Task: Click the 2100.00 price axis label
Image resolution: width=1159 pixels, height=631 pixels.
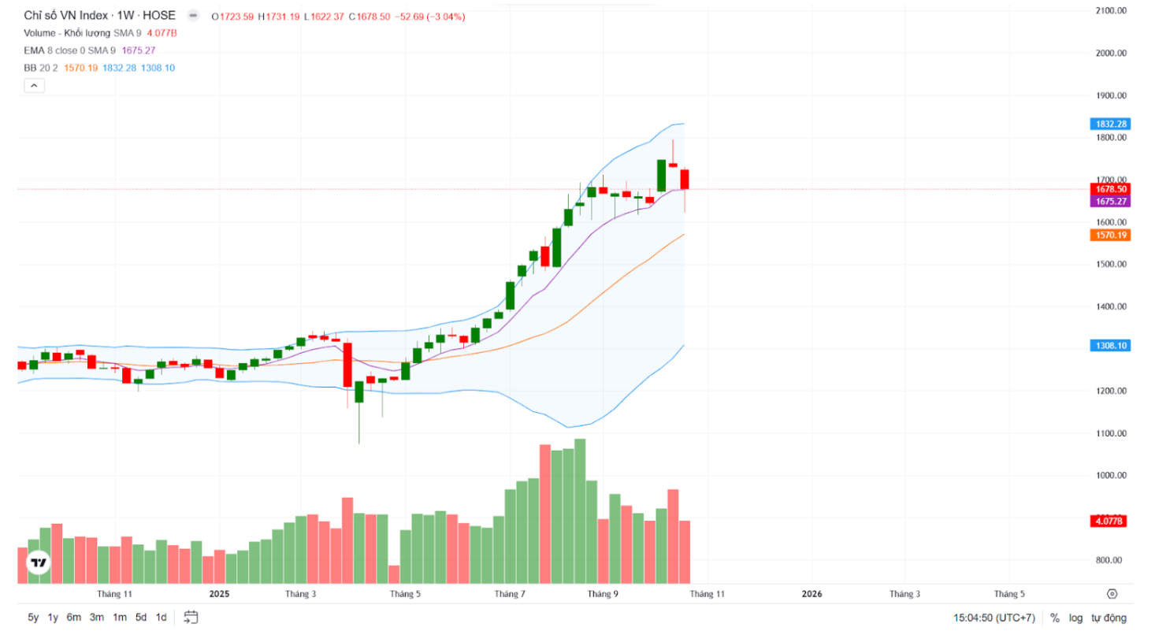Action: [x=1109, y=10]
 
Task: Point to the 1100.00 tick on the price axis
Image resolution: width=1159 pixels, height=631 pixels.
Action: [x=1109, y=433]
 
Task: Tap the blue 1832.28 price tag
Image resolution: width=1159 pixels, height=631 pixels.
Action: [x=1110, y=124]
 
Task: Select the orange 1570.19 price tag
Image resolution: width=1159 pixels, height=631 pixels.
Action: [x=1110, y=235]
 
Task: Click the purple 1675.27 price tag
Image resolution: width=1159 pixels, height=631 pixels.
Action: [x=1110, y=201]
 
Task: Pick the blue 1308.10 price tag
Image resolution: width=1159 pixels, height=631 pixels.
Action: [x=1110, y=345]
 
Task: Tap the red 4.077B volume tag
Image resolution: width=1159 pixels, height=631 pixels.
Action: [x=1110, y=522]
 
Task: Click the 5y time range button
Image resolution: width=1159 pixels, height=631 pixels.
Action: [x=33, y=618]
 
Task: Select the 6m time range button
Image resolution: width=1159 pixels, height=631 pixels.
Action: [x=74, y=618]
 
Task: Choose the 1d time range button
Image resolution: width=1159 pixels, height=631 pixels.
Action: [x=161, y=618]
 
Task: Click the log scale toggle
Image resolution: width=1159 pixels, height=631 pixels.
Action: [x=1075, y=618]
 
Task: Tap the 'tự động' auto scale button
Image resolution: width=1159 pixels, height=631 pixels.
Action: [x=1109, y=618]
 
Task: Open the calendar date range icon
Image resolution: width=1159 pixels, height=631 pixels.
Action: [x=191, y=617]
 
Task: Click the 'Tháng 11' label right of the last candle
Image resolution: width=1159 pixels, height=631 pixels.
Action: [x=708, y=594]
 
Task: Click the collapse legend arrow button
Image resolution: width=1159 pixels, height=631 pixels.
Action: [x=34, y=85]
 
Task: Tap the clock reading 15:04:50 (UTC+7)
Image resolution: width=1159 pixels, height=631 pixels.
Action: [x=994, y=618]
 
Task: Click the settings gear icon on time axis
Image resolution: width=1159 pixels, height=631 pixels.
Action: [x=1112, y=594]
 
